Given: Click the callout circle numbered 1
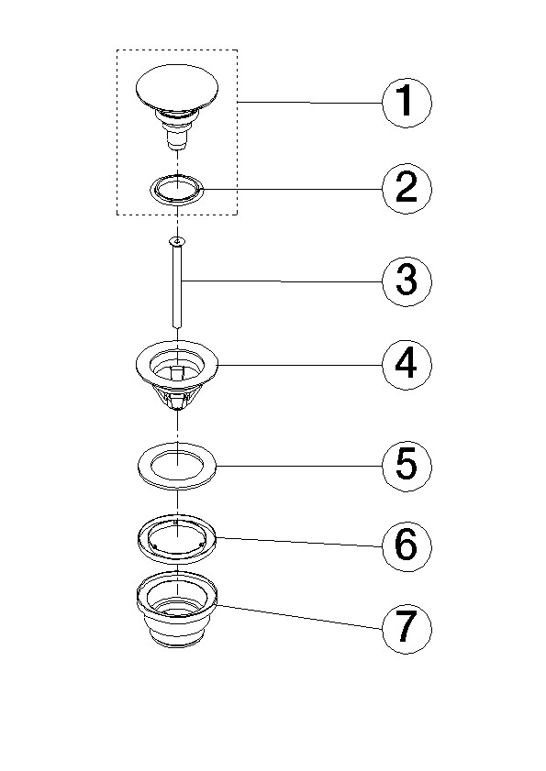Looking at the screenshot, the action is (407, 104).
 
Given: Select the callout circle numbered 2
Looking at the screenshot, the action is (407, 189).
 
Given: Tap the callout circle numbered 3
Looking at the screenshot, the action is (407, 281).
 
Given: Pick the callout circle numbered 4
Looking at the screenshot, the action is (407, 365).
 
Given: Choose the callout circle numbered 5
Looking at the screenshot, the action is (407, 466).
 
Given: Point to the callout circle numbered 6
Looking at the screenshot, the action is (407, 546).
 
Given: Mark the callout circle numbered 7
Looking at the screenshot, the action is (407, 630).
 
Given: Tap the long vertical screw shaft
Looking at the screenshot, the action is (176, 288).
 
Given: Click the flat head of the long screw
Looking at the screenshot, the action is (176, 241).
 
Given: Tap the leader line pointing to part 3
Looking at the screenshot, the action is (282, 281).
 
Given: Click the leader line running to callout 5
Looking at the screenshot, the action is (300, 466).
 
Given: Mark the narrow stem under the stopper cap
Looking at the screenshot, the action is (176, 134).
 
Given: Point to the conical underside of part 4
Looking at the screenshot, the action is (176, 397).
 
